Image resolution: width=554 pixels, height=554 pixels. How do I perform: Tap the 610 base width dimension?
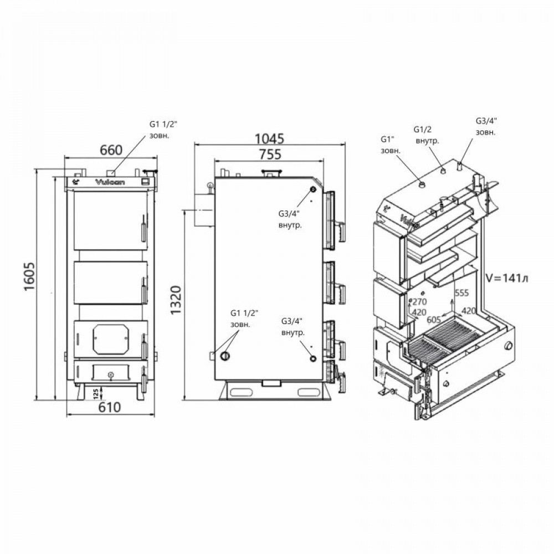(x=110, y=408)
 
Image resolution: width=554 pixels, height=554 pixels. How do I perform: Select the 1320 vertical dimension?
(x=176, y=302)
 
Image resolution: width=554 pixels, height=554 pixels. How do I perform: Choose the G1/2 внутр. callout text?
(x=426, y=135)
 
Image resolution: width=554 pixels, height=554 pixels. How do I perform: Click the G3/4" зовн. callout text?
(x=486, y=126)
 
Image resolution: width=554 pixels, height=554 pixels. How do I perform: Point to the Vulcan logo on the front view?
(x=109, y=181)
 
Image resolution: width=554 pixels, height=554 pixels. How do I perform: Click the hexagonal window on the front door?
(x=111, y=338)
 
